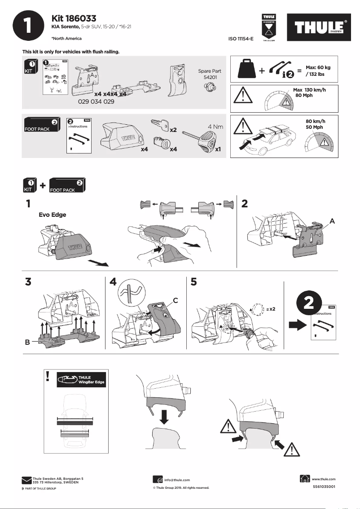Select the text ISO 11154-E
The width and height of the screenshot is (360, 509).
(241, 39)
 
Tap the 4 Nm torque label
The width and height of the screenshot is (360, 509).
(215, 127)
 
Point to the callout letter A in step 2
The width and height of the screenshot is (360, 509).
(332, 221)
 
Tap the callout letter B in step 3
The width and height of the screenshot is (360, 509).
(28, 342)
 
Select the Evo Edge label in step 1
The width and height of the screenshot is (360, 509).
(52, 215)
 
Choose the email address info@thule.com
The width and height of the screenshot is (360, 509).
(177, 480)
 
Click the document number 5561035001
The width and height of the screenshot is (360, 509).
(323, 487)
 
